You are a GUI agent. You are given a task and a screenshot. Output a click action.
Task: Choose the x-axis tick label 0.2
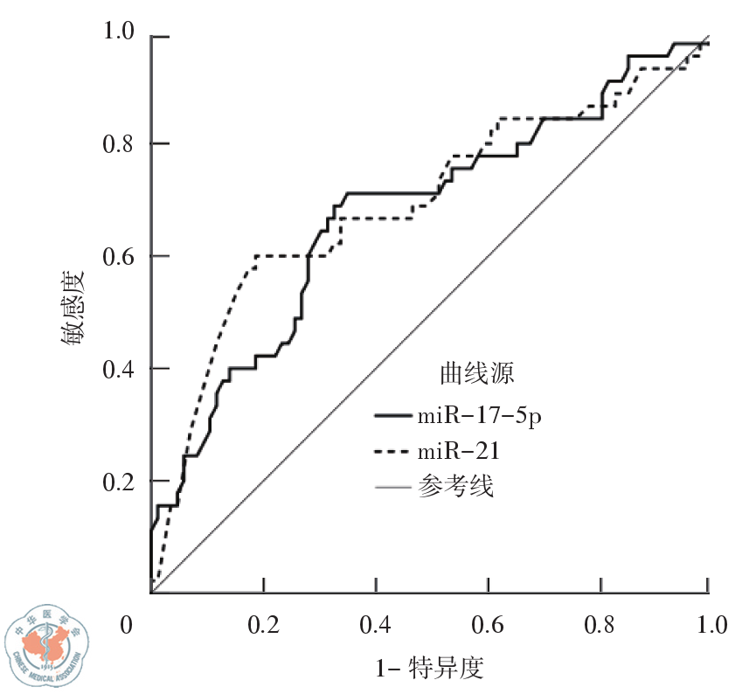(263, 626)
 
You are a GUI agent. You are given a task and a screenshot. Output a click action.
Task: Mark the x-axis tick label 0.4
(375, 626)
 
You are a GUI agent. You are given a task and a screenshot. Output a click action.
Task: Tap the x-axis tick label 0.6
(488, 626)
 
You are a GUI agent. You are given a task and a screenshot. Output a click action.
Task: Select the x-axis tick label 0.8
(600, 626)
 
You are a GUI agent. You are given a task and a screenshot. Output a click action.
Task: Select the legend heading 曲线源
(476, 374)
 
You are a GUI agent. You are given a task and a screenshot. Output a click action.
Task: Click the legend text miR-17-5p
(479, 416)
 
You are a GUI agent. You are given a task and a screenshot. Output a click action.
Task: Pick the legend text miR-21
(460, 451)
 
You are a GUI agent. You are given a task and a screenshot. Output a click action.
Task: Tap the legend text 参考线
(455, 486)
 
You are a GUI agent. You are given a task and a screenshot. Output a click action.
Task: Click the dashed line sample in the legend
(392, 452)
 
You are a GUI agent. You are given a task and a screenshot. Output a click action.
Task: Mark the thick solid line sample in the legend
(392, 415)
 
